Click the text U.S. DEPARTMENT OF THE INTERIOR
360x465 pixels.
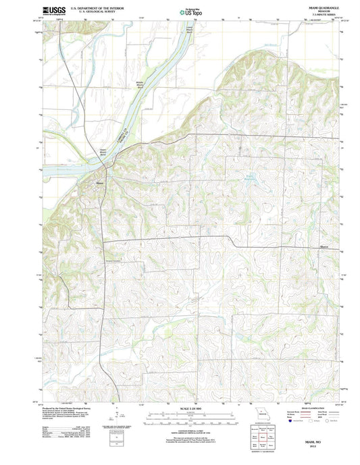pos(85,8)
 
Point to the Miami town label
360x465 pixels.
pos(100,183)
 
